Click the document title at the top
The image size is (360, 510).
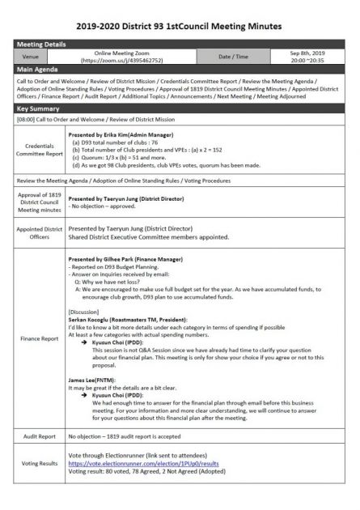pyautogui.click(x=180, y=27)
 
